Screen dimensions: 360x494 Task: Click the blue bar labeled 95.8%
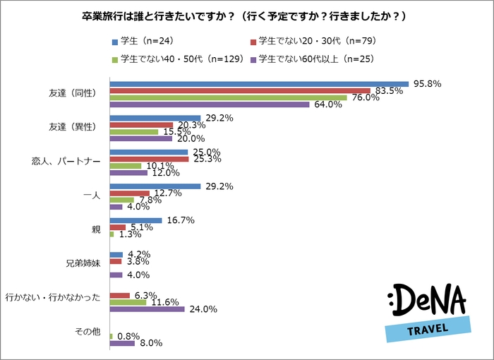(259, 83)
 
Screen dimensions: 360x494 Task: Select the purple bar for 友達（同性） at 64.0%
(210, 104)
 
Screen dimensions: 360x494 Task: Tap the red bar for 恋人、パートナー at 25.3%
(149, 159)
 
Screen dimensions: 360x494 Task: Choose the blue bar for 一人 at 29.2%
(155, 186)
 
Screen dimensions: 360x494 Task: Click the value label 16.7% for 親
(179, 220)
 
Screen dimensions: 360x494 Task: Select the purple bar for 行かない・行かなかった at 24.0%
(147, 308)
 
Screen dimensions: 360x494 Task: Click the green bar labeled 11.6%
(128, 301)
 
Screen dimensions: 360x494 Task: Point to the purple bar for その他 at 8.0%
(122, 343)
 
